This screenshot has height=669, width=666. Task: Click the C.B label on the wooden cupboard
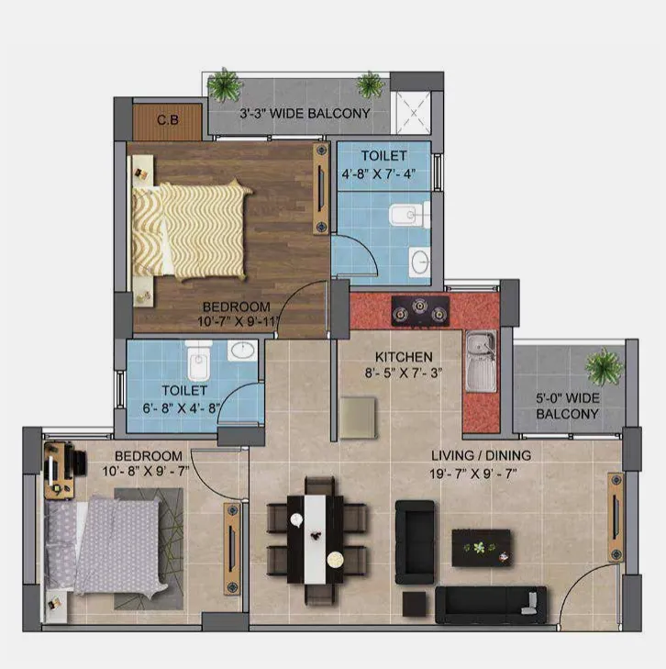pos(168,120)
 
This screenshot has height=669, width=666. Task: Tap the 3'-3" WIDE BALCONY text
pos(305,114)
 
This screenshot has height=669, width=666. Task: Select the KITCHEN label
pos(404,357)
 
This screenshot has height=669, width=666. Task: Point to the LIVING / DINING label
pos(481,456)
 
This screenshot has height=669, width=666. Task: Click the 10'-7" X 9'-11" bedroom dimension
pos(238,321)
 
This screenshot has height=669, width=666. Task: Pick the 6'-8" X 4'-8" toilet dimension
pos(182,408)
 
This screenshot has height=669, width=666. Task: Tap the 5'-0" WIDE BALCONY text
pos(568,406)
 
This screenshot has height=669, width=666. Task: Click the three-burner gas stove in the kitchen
pos(420,311)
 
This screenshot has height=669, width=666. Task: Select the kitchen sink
pos(481,361)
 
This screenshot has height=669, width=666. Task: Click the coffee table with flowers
pos(481,548)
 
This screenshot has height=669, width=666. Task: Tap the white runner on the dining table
pos(315,539)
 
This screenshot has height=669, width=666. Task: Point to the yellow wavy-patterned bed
pos(190,230)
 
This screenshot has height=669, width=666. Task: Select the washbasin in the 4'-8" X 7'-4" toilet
pos(419,262)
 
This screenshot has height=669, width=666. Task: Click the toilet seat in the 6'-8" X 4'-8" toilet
pos(199,361)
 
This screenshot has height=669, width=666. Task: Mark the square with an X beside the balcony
pos(413,113)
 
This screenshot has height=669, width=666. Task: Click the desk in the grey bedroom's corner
pos(60,470)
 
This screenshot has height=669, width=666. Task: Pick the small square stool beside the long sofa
pos(415,604)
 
